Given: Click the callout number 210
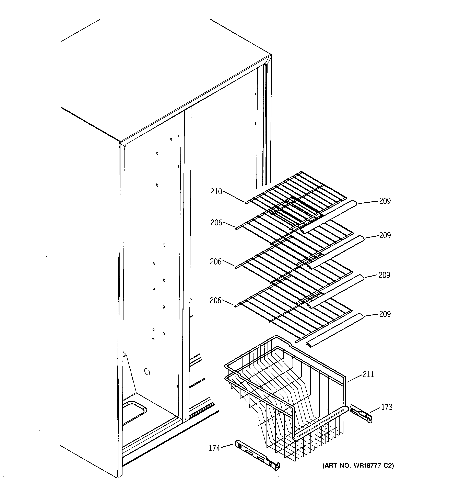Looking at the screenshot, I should [x=216, y=192].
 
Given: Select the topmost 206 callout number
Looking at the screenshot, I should [x=216, y=223].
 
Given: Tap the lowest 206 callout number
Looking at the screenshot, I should [x=215, y=300].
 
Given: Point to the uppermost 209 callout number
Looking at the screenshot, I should [x=385, y=201].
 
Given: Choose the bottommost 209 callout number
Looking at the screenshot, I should [x=385, y=314].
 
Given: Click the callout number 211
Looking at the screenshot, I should [x=368, y=374].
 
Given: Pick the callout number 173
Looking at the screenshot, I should [x=387, y=407].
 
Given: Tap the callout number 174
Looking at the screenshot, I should [x=214, y=448].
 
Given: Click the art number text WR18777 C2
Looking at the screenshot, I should [x=358, y=466].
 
